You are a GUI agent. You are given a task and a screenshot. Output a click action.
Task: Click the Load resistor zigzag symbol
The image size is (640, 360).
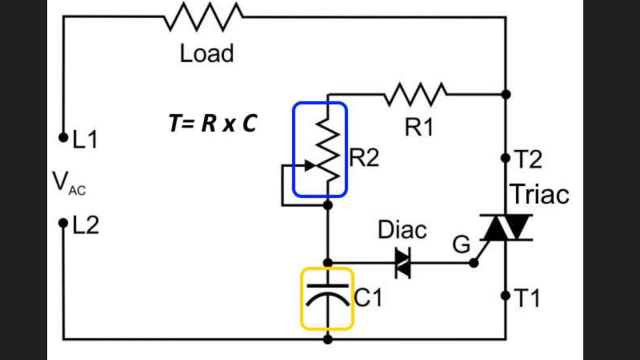click(203, 17)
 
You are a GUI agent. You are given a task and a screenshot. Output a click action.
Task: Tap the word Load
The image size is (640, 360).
click(206, 53)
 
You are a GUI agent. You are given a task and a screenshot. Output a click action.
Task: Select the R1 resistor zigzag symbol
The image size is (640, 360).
click(415, 94)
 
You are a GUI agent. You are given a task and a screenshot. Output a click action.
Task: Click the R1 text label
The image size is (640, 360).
click(419, 128)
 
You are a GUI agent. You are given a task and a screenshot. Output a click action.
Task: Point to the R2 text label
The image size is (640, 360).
click(364, 158)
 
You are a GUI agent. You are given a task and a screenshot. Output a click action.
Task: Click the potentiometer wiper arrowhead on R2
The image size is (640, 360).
click(310, 165)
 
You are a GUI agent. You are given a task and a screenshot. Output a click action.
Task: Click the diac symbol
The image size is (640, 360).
click(402, 262)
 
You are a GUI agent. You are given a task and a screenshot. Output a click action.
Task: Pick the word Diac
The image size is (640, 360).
click(402, 230)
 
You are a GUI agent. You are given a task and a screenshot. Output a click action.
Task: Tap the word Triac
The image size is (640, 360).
click(539, 194)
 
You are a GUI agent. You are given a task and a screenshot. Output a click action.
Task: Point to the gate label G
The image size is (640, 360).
click(461, 245)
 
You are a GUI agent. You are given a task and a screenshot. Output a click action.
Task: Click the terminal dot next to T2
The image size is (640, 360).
click(505, 158)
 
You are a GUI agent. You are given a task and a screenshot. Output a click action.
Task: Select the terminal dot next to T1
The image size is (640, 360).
click(505, 295)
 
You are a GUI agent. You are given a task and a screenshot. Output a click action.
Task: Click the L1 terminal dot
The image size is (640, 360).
click(63, 137)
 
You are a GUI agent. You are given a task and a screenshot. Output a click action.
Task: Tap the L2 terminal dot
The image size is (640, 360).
click(63, 223)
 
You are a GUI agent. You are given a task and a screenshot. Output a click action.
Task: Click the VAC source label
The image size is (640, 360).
click(68, 183)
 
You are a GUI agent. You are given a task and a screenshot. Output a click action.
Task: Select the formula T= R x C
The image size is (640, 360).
click(213, 123)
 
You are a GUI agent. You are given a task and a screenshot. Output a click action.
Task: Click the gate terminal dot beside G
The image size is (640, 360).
click(473, 262)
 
